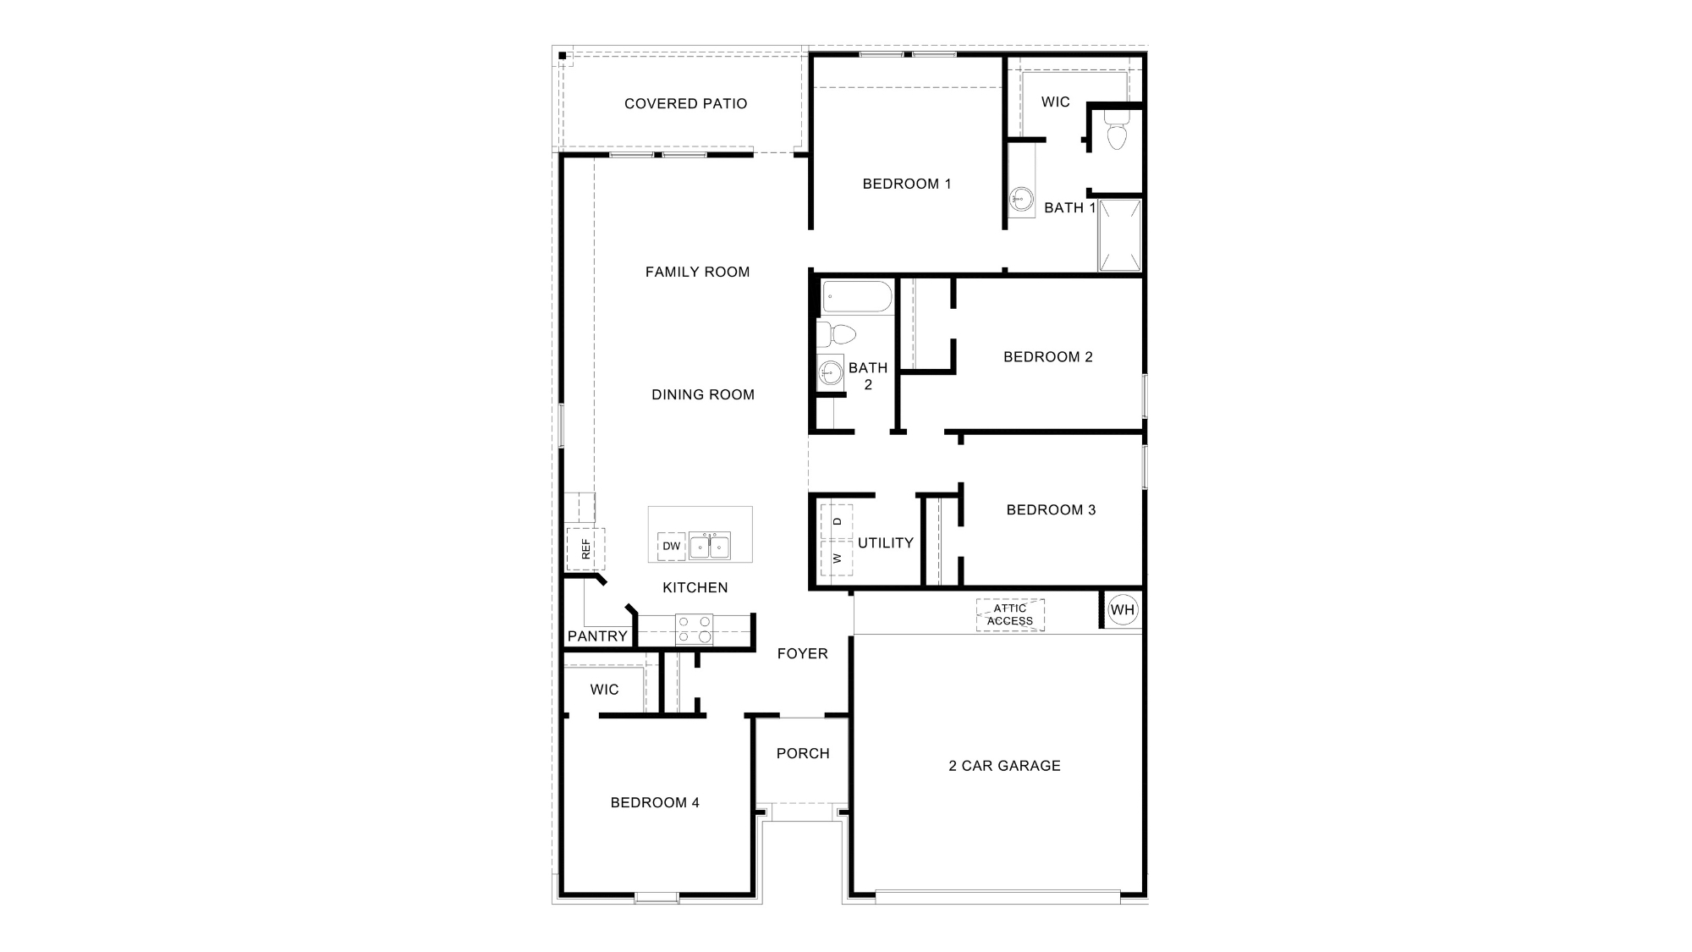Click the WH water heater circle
1123,610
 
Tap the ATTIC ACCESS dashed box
1010,614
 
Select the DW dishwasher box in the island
671,546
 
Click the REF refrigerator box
585,548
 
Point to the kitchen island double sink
709,546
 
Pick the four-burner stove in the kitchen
694,629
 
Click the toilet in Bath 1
1117,135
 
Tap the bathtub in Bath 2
857,297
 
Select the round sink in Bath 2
831,371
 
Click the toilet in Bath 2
837,333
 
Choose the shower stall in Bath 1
1119,235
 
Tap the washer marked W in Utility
837,558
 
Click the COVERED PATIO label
685,104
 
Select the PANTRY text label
597,636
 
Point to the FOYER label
802,653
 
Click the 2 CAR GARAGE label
1004,766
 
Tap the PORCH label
803,753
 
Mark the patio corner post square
563,57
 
